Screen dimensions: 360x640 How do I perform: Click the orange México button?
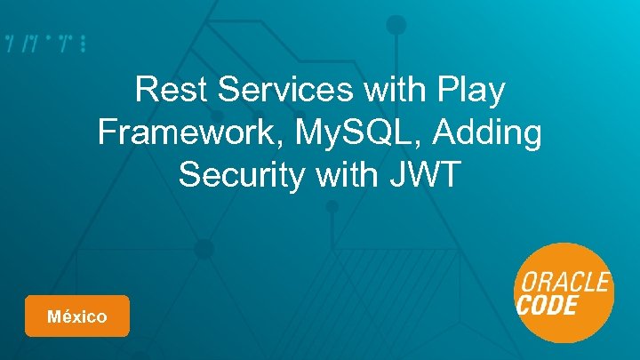tap(77, 316)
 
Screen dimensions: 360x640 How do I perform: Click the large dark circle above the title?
tap(396, 25)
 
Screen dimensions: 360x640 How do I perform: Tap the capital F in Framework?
tap(108, 132)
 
